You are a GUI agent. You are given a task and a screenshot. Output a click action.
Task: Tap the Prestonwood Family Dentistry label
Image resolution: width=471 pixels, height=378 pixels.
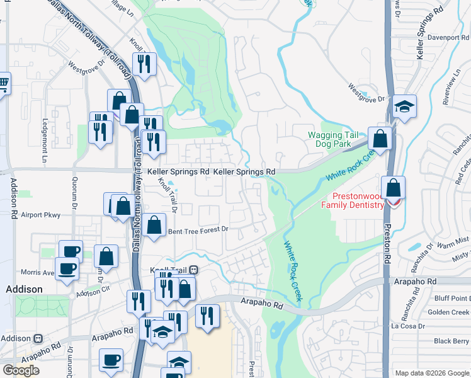pos(352,200)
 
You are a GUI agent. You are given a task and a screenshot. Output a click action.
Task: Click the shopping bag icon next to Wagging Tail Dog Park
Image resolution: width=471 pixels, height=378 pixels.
pos(380,138)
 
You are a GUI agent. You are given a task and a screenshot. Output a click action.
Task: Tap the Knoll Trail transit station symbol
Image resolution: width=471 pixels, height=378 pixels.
pos(194,270)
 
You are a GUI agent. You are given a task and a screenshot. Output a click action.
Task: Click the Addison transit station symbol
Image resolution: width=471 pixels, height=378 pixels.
pos(38,338)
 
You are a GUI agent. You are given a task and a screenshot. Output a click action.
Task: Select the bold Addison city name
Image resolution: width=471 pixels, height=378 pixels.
pos(24,289)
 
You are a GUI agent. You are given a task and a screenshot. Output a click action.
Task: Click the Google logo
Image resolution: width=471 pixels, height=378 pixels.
pos(21,370)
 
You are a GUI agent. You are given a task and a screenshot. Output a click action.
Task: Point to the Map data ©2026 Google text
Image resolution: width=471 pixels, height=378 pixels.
pos(432,373)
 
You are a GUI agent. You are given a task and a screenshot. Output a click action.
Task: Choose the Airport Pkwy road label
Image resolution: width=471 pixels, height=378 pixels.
pos(40,215)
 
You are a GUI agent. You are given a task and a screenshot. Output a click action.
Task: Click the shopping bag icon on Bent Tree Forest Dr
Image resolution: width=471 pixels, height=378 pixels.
pos(154,226)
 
